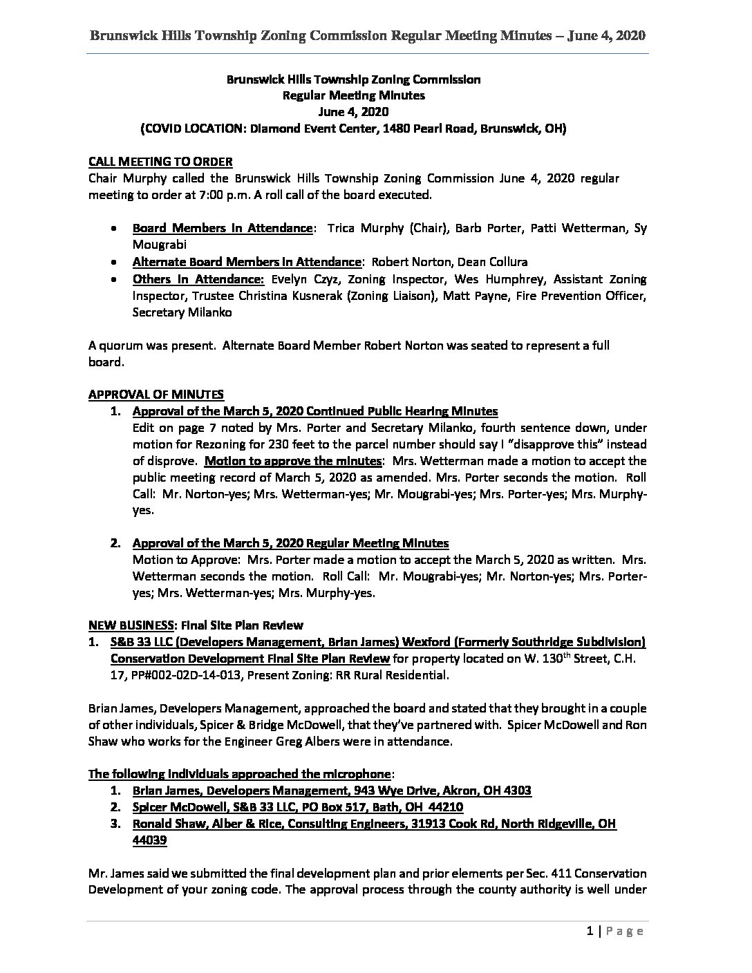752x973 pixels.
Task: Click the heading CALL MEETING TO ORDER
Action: point(160,162)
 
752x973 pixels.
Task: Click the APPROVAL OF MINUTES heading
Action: point(156,395)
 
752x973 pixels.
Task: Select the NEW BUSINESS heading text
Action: point(131,625)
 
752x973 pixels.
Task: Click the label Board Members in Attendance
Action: point(222,228)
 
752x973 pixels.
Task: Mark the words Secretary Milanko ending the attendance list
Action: point(179,312)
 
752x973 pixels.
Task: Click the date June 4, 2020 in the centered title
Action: point(353,112)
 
